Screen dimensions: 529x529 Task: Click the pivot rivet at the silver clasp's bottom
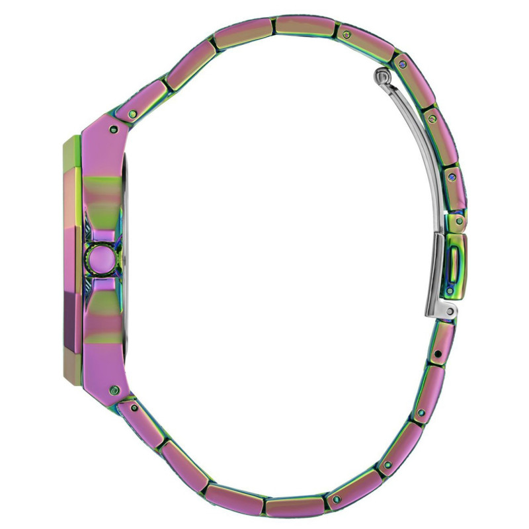(x=450, y=311)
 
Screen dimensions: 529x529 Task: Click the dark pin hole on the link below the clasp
(x=437, y=358)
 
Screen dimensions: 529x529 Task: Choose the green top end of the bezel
(x=70, y=142)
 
